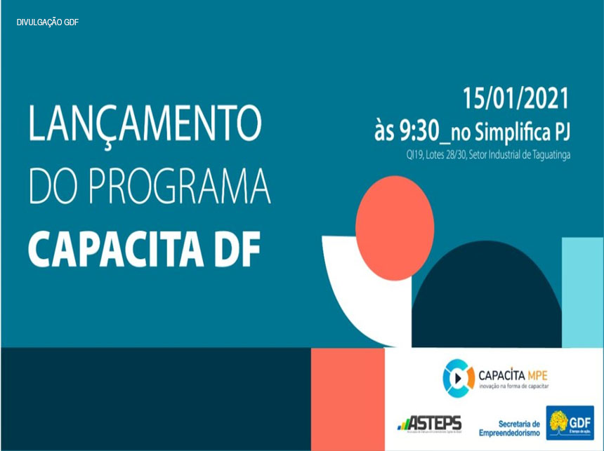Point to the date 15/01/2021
coord(515,99)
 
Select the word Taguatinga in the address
coord(546,154)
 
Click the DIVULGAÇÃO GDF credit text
coord(48,22)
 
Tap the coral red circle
coord(394,218)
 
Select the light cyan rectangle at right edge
coord(582,291)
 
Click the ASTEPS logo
coord(429,423)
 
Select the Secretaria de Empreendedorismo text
coord(509,428)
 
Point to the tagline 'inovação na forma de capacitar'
coord(512,386)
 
